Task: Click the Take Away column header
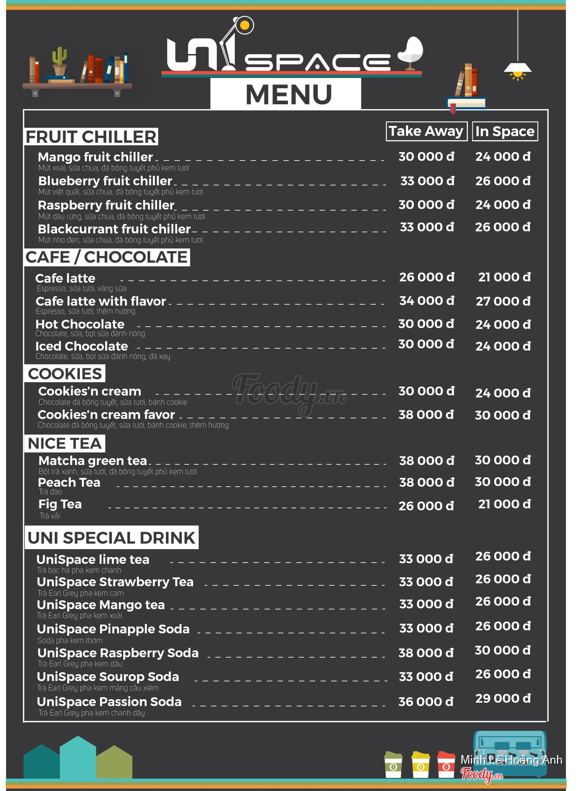(x=426, y=132)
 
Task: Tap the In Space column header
(x=505, y=132)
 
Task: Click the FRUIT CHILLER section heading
(x=91, y=137)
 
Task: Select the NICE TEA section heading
(x=65, y=444)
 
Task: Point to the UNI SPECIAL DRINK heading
(x=112, y=538)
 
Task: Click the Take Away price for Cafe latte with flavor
(x=427, y=301)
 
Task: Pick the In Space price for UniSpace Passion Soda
(x=503, y=698)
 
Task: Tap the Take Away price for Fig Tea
(x=426, y=506)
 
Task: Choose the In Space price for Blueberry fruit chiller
(x=503, y=181)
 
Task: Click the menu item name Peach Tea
(x=69, y=482)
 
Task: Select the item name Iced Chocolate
(x=81, y=346)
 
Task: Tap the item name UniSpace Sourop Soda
(x=108, y=677)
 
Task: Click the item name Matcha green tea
(x=93, y=461)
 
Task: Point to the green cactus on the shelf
(x=59, y=59)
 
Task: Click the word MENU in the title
(x=289, y=94)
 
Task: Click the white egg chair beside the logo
(x=412, y=52)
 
